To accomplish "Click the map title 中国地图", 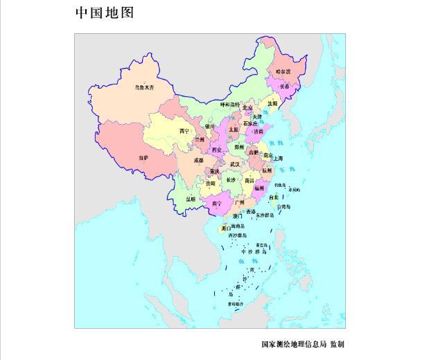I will click(x=104, y=13).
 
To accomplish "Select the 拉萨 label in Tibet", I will click(x=143, y=158).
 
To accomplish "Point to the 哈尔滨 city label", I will click(x=284, y=71).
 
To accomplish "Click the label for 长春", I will click(x=285, y=87).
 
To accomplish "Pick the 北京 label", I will click(x=247, y=108).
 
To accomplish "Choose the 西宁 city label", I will click(x=184, y=131).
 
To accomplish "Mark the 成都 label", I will click(x=199, y=160).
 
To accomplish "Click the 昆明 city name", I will click(x=191, y=199).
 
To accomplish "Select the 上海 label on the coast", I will click(x=278, y=159).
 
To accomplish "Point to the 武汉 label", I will click(x=236, y=164).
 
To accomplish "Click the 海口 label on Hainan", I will click(x=226, y=227).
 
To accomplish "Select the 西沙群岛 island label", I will click(x=236, y=235).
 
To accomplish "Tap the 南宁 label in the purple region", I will click(x=217, y=204).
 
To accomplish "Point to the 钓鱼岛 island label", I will click(x=279, y=185).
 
